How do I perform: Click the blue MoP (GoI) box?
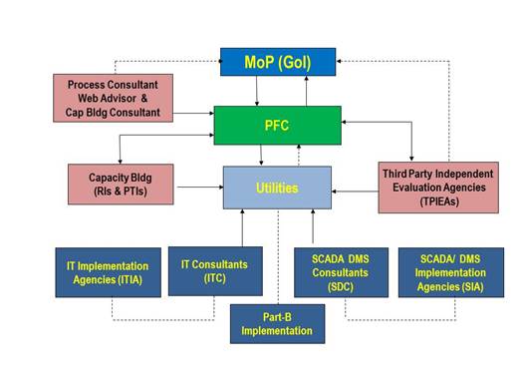[278, 62]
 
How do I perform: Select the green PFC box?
[278, 126]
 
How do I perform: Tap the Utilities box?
[276, 187]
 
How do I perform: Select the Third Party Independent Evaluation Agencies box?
[437, 187]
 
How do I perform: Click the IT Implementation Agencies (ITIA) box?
[101, 272]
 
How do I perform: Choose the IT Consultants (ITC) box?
[214, 270]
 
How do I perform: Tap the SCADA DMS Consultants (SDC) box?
[341, 271]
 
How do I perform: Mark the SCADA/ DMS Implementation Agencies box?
[443, 271]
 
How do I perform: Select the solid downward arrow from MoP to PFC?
[257, 91]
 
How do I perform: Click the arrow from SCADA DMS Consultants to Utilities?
[313, 226]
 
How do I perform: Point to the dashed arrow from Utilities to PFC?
[298, 156]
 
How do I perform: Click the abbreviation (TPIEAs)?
[438, 200]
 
